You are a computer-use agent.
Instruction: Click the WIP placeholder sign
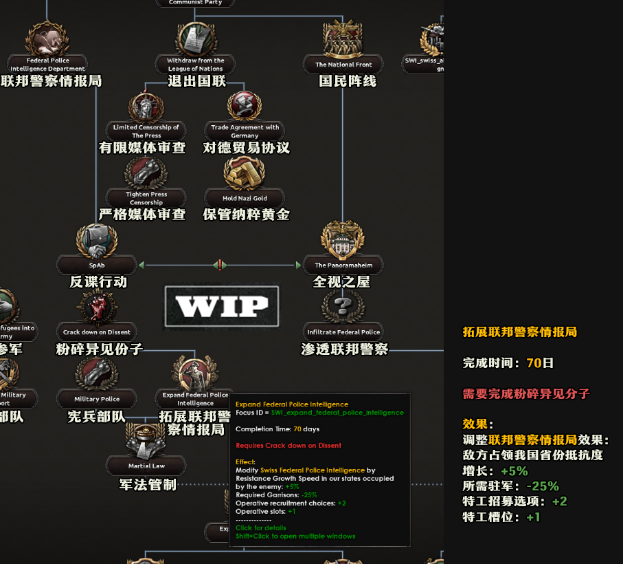(221, 306)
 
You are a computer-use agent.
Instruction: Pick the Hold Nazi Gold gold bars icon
(245, 173)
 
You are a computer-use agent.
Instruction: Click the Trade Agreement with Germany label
(245, 131)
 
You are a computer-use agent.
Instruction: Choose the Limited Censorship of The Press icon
(146, 107)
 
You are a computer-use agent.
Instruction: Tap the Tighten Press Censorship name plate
(146, 198)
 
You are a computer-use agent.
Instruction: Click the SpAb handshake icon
(97, 241)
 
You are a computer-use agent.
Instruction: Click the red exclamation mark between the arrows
(220, 265)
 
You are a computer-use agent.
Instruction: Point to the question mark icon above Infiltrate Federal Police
(343, 305)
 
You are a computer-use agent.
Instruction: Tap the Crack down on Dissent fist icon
(97, 307)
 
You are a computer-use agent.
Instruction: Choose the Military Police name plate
(97, 399)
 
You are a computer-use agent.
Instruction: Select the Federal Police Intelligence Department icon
(47, 40)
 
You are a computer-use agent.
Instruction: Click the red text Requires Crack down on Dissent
(288, 446)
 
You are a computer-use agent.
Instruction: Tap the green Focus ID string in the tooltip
(337, 413)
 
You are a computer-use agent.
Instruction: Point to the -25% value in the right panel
(543, 486)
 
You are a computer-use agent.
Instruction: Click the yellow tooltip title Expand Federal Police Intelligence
(292, 404)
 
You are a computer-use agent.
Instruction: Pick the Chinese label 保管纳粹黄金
(246, 215)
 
